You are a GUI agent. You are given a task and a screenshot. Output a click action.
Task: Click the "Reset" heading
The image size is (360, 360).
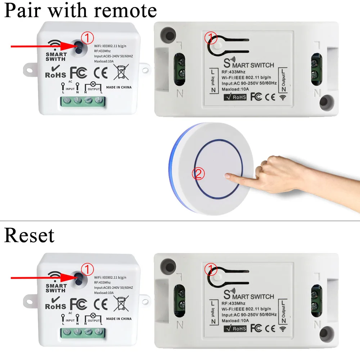[29, 235]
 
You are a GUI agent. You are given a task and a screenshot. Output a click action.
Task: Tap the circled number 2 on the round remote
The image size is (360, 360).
[199, 174]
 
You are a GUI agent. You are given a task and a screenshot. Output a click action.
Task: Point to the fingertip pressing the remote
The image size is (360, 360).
[227, 176]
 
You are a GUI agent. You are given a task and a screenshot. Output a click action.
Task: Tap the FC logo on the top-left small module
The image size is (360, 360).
[78, 72]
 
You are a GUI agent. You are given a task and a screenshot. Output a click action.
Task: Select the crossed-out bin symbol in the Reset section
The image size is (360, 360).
[121, 303]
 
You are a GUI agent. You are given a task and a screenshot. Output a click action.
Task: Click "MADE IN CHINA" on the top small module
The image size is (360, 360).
[119, 87]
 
